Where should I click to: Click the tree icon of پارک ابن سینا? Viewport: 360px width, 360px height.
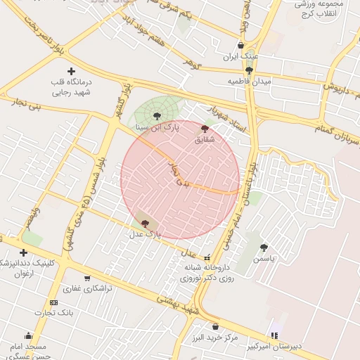(x=157, y=117)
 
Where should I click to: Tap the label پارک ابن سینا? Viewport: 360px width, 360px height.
(x=158, y=128)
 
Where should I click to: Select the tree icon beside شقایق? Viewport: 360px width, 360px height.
(x=205, y=129)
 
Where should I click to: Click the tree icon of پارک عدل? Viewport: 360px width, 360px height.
(x=145, y=222)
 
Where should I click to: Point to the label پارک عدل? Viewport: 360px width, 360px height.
(x=146, y=233)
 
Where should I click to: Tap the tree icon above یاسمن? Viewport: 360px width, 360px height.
(x=264, y=247)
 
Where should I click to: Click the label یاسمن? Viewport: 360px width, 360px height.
(x=264, y=258)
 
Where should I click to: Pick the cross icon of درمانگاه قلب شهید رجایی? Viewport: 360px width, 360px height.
(x=71, y=71)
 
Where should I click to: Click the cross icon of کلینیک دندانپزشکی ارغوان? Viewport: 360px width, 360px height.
(x=24, y=252)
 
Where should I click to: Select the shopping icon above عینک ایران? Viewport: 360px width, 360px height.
(x=241, y=45)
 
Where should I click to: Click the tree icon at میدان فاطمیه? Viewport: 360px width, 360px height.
(x=250, y=70)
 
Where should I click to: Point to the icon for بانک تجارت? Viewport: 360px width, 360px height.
(x=54, y=302)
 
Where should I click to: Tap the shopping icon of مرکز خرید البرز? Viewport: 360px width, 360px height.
(x=215, y=326)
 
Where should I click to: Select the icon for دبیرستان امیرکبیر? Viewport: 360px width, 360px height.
(x=274, y=335)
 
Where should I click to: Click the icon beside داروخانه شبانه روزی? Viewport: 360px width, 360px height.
(x=207, y=257)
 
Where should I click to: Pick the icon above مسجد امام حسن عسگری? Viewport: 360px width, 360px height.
(x=28, y=335)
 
